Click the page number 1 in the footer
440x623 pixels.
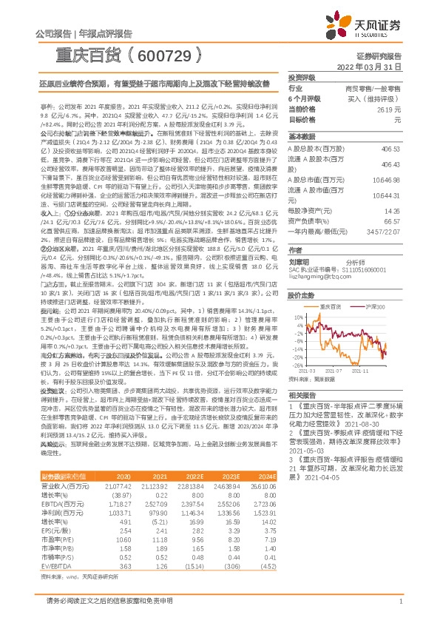[400, 602]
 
